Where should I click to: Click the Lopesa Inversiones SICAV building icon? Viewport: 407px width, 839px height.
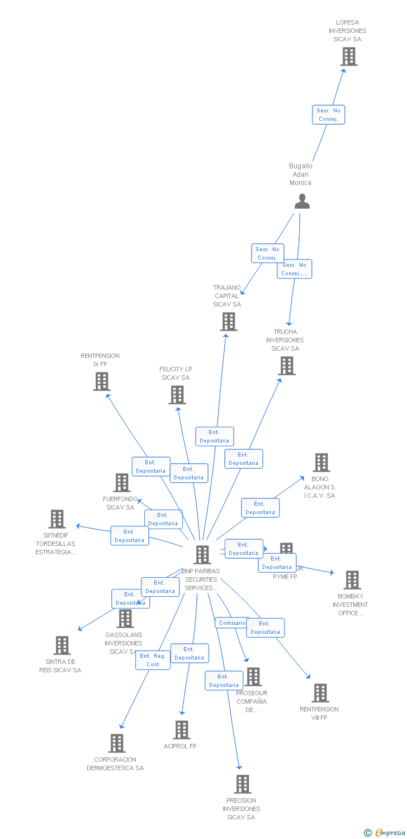tap(349, 56)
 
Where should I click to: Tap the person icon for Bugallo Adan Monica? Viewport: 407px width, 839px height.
tap(302, 201)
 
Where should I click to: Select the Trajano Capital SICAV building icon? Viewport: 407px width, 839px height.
tap(228, 322)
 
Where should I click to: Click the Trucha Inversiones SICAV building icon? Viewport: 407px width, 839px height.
tap(287, 366)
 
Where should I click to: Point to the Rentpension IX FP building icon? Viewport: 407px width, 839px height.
tap(101, 381)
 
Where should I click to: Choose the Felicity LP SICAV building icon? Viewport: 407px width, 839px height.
tap(177, 395)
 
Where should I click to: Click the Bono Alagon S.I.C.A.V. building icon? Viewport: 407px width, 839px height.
tap(321, 463)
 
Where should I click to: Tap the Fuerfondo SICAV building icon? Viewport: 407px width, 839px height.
tap(121, 483)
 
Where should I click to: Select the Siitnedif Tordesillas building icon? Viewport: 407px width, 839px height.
tap(56, 519)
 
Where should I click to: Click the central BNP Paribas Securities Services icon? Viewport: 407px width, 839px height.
tap(202, 555)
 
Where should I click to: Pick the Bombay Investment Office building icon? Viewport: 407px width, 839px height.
tap(352, 580)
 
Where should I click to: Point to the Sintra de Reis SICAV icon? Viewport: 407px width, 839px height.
tap(61, 645)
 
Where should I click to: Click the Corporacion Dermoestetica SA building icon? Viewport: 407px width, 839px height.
tap(116, 743)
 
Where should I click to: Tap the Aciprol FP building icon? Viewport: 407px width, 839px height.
tap(181, 730)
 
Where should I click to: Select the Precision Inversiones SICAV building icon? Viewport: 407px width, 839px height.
tap(242, 784)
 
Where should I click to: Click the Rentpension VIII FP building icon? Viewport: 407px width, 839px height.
tap(320, 693)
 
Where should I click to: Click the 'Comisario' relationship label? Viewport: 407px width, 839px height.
tap(232, 623)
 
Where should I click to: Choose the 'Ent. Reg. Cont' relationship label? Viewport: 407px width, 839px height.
tap(153, 660)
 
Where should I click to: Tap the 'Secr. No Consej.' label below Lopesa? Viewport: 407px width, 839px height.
tap(328, 115)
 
